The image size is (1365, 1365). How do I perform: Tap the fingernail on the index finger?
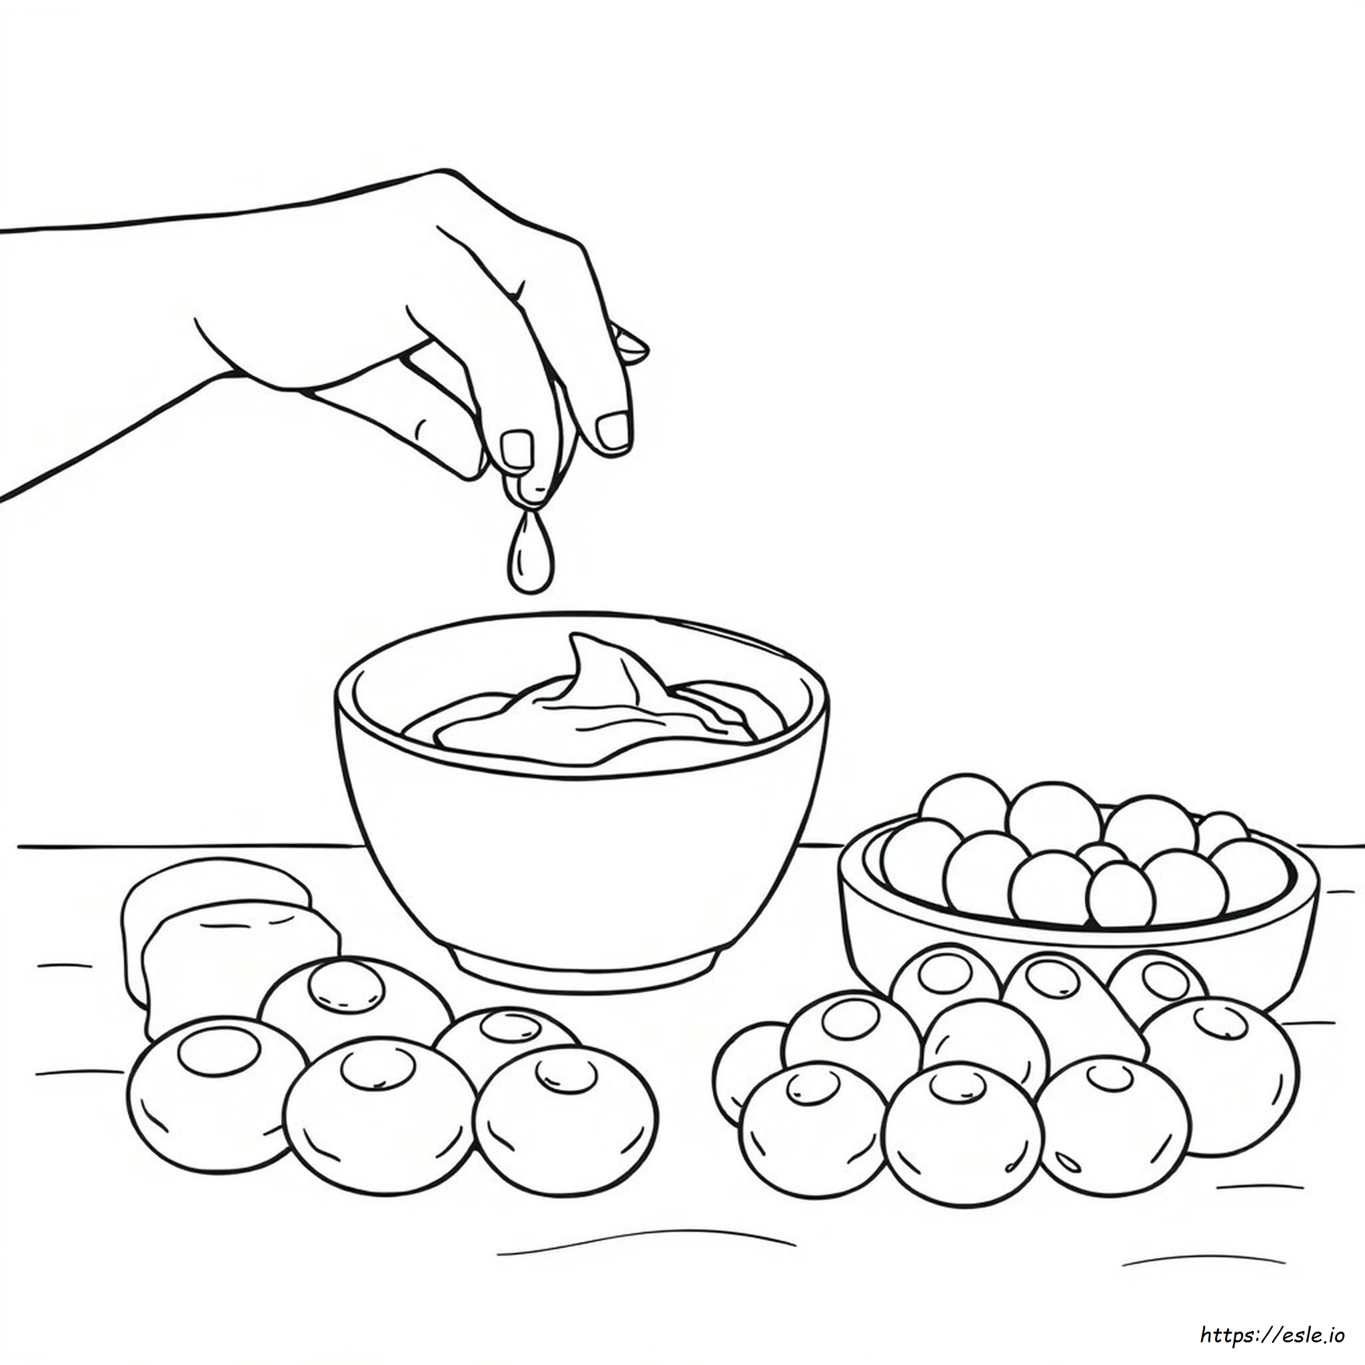pos(517,449)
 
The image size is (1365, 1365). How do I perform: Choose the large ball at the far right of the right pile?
pos(1218,1077)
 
